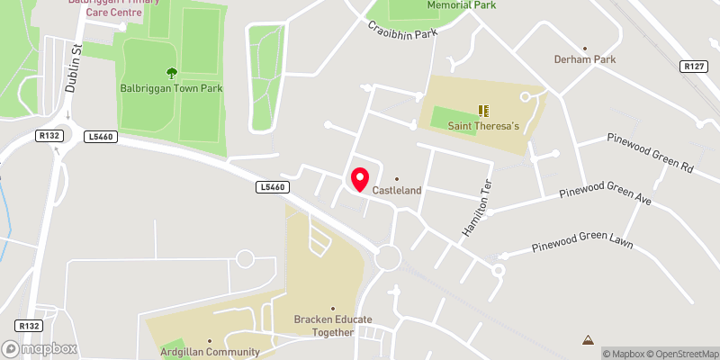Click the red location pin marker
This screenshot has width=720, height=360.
coord(360,179)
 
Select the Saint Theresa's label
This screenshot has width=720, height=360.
coord(484,127)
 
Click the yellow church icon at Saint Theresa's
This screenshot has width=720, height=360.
coord(483,111)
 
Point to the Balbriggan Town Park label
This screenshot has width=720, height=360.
coord(171,88)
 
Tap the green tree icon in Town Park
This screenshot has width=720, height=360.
coord(171,73)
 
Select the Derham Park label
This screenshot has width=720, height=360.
coord(584,60)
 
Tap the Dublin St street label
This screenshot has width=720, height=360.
coord(74,74)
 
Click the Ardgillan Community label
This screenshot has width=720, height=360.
coord(209,352)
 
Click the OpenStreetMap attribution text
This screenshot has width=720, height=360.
coord(682,354)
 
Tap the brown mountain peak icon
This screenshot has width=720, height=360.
coord(588,339)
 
